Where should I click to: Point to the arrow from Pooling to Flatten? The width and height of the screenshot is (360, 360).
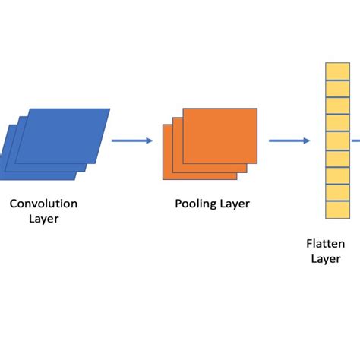click(289, 140)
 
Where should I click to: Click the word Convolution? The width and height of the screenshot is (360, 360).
click(43, 204)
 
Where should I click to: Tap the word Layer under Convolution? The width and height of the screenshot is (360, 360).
click(44, 219)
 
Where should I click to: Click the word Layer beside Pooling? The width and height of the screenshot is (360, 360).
click(234, 204)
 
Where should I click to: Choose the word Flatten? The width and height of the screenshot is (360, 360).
click(325, 243)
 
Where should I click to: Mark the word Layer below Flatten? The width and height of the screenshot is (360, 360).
click(325, 258)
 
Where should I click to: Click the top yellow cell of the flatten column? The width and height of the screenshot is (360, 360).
click(337, 72)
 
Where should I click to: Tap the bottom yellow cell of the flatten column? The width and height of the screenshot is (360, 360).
click(337, 210)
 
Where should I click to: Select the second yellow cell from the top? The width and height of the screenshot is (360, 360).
click(337, 90)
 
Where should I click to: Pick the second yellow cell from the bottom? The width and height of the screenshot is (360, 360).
click(337, 193)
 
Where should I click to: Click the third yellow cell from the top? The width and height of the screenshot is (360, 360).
click(337, 106)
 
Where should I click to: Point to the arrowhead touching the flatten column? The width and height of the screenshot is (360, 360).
click(307, 140)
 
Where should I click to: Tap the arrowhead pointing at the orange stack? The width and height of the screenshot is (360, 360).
click(150, 140)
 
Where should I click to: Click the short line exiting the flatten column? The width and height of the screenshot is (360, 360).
click(354, 140)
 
